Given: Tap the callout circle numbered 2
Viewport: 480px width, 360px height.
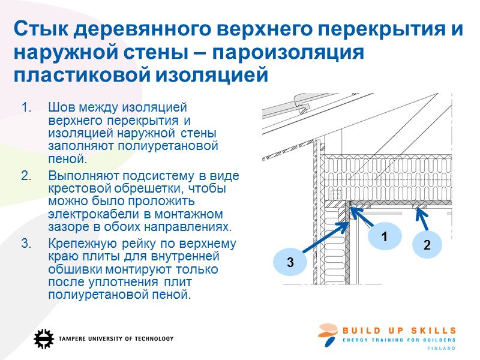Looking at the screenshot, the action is [x=427, y=245].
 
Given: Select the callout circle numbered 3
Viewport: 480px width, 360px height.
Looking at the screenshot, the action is [x=290, y=262].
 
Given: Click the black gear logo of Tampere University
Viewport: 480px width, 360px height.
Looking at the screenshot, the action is [x=43, y=338].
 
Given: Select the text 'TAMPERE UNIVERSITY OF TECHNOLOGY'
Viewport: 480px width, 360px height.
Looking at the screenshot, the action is [x=116, y=339].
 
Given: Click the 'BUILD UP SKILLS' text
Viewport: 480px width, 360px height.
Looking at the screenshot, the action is [x=400, y=331].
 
